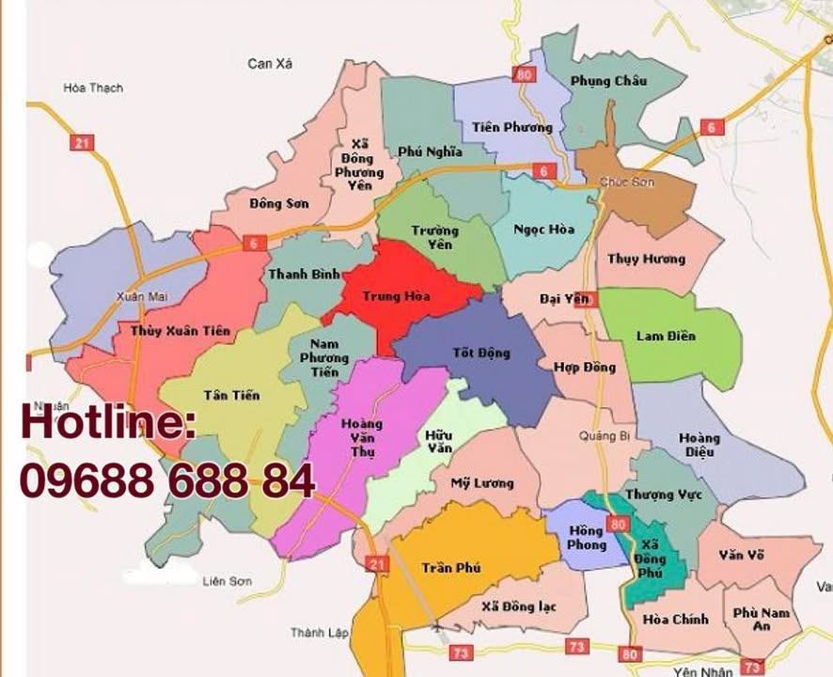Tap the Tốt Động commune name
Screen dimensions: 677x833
coord(480,354)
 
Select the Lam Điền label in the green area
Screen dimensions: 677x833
coord(666,336)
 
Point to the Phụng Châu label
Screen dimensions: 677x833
coord(608,81)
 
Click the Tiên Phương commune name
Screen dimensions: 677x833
coord(512,127)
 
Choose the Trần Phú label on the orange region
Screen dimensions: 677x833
coord(451,568)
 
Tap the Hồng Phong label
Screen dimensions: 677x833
coord(587,538)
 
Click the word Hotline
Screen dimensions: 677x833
coord(108,422)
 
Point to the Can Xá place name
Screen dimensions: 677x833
coord(271,64)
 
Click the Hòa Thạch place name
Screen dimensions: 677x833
coord(93,88)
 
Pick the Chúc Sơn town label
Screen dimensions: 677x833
coord(626,181)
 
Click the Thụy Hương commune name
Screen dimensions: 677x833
coord(646,260)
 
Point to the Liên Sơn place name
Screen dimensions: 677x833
coord(228,582)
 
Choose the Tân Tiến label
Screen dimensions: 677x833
coord(231,396)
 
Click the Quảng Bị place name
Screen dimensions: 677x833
coord(604,435)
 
